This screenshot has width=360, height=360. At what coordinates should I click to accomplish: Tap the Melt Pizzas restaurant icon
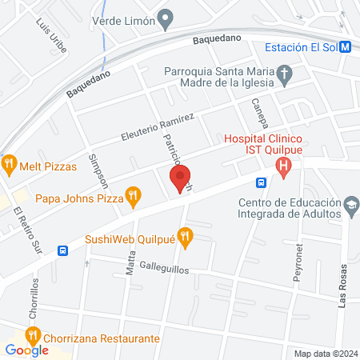point(10,166)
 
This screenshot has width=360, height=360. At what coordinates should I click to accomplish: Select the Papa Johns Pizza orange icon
point(134,194)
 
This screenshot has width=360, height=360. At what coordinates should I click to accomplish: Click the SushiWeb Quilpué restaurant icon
point(186,235)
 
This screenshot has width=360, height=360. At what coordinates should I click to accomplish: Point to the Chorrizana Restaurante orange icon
point(34,338)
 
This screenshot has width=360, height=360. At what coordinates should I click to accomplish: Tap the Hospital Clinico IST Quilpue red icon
point(282,167)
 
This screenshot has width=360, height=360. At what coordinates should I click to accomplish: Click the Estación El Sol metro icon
point(344,46)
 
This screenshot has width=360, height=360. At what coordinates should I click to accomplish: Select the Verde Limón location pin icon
point(166,17)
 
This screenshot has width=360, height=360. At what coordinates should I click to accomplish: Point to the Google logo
point(26,350)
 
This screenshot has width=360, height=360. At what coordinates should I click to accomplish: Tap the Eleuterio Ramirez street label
point(158,126)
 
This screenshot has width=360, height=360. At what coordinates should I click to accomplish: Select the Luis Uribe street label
point(45,34)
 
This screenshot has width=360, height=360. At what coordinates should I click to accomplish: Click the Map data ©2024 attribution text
point(325,354)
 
